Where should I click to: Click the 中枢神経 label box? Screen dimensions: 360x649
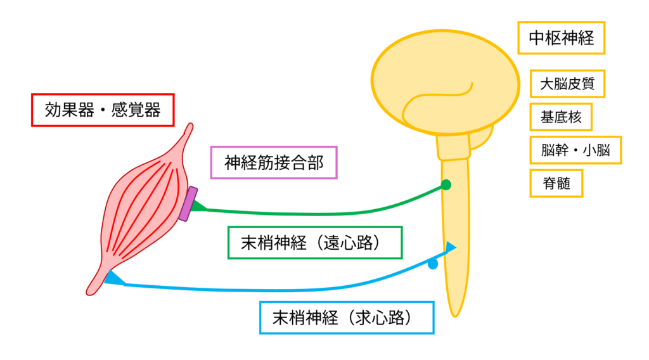coord(561,38)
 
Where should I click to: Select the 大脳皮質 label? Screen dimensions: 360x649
coord(567,83)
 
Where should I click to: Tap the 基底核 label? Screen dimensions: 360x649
coord(560,117)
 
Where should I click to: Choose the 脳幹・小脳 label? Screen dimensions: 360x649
coord(575,150)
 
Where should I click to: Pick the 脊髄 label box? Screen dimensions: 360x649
coord(556,183)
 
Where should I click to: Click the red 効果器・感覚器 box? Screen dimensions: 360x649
coord(102,110)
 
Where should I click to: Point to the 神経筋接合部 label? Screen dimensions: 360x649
coord(273,164)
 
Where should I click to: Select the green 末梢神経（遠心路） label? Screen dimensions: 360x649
coord(314,243)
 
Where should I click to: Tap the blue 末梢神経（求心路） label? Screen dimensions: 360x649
coord(347,318)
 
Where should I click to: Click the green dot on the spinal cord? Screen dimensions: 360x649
coord(446,185)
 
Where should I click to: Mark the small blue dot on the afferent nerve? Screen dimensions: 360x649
coord(433,264)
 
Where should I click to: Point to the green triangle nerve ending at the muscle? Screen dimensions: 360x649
coord(199,205)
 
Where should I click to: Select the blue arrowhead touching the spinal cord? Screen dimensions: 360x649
coord(451,248)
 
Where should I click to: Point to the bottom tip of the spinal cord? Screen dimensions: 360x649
coord(454,313)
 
